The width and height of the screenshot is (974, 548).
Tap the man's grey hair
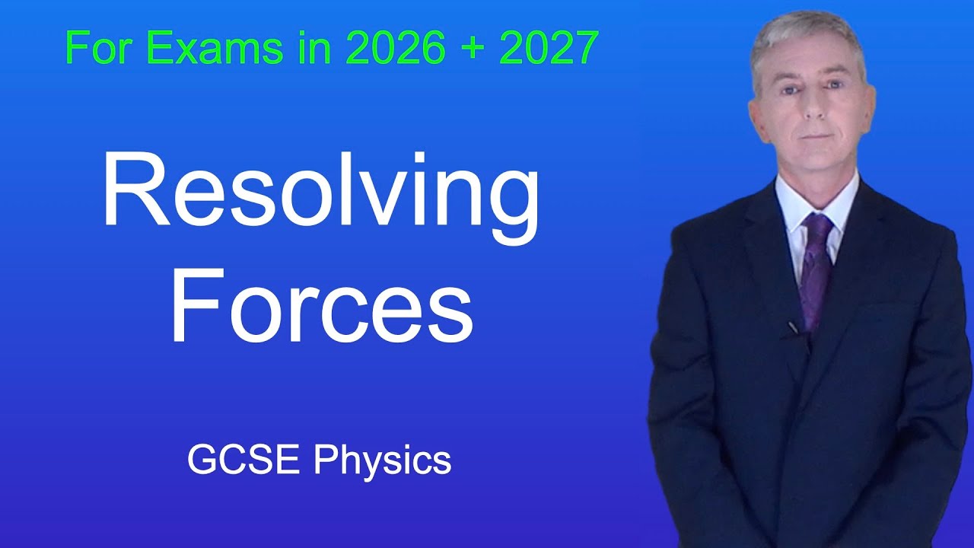(807, 34)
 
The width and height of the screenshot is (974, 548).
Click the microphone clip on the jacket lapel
(794, 328)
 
